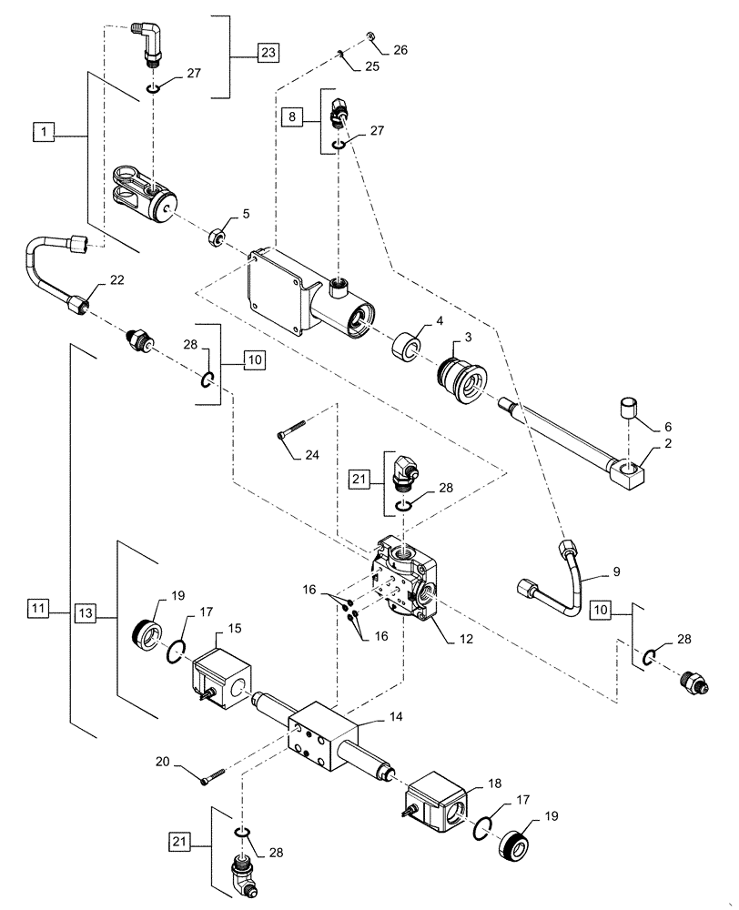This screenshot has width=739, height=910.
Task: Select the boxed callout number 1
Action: point(45,133)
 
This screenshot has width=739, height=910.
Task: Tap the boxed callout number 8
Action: point(291,117)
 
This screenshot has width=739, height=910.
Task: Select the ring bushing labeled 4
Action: point(405,348)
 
